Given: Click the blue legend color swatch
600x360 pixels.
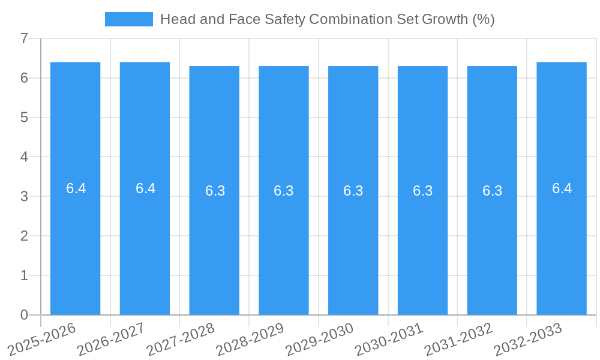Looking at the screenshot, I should coord(128,19).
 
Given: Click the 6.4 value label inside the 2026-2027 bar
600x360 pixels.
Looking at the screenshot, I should coord(145,188).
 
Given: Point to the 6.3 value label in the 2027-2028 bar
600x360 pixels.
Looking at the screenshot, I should coord(215,191).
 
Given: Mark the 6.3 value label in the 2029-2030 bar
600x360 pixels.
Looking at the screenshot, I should coord(353,191).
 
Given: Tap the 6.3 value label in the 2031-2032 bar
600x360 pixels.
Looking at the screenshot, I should coord(492,191).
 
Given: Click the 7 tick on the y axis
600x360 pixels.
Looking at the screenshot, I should coord(24,38).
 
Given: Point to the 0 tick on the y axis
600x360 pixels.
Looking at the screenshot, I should coord(24,315).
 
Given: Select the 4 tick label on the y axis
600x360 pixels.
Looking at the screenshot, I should coord(24,157).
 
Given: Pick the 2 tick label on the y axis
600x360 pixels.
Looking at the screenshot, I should coord(24,236).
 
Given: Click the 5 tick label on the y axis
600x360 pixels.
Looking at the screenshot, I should coord(24,118).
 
